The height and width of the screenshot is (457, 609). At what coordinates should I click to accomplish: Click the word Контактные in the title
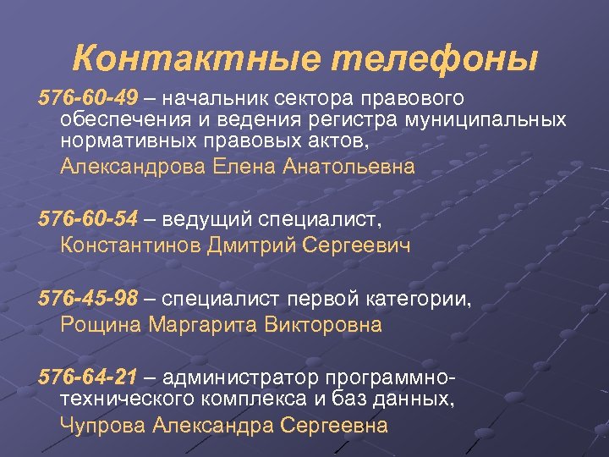(197, 60)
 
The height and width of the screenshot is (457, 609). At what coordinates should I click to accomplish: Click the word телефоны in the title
(436, 60)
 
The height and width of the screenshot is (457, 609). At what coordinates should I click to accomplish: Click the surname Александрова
(132, 167)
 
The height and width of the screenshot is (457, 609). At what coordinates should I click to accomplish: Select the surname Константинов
(130, 246)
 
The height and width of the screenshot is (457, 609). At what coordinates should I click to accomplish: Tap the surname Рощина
(101, 324)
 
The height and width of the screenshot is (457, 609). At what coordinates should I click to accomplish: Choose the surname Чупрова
(103, 425)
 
